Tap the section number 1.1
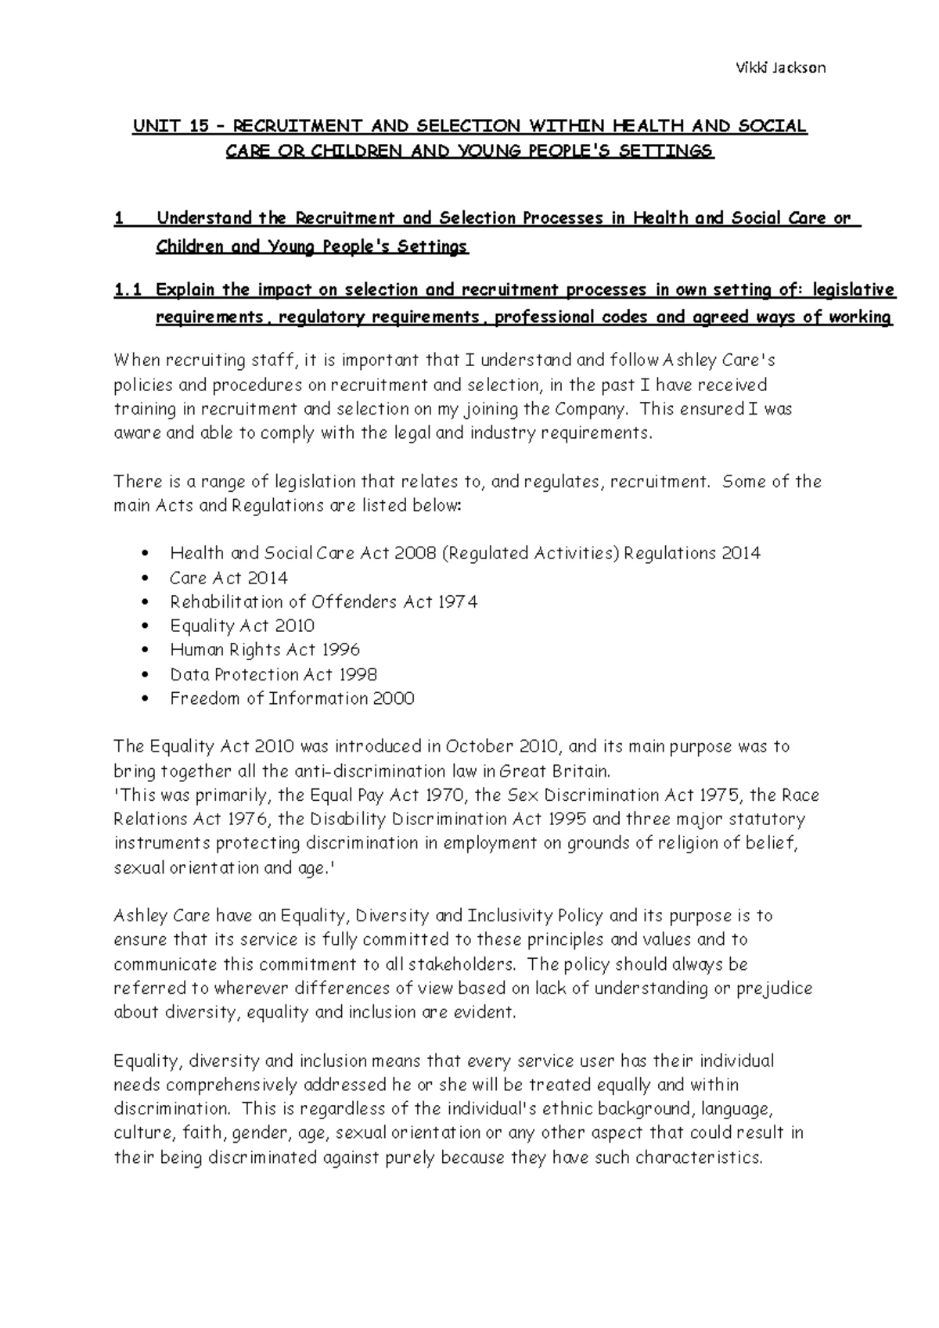[128, 291]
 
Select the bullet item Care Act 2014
[228, 578]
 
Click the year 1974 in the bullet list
[458, 602]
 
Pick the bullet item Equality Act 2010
[242, 626]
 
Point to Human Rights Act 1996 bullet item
[264, 650]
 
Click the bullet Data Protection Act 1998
[273, 674]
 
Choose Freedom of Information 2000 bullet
[292, 698]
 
